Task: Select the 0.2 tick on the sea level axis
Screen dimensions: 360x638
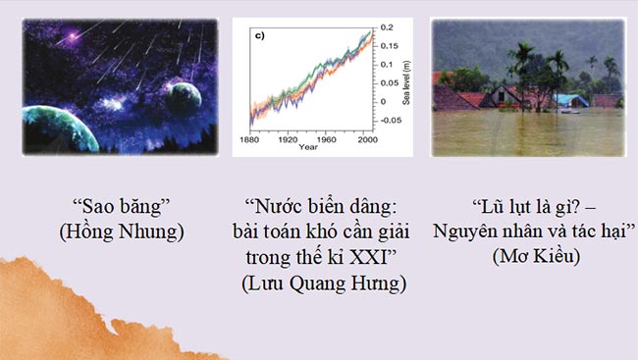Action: point(389,26)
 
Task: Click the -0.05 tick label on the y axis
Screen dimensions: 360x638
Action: point(392,120)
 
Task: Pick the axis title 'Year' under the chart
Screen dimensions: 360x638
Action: point(309,148)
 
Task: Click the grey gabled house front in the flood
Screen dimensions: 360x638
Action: point(508,95)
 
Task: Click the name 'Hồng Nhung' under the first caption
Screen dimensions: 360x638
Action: point(120,232)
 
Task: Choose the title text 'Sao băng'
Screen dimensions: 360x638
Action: point(120,208)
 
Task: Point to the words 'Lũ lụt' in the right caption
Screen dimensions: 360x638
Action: point(496,208)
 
